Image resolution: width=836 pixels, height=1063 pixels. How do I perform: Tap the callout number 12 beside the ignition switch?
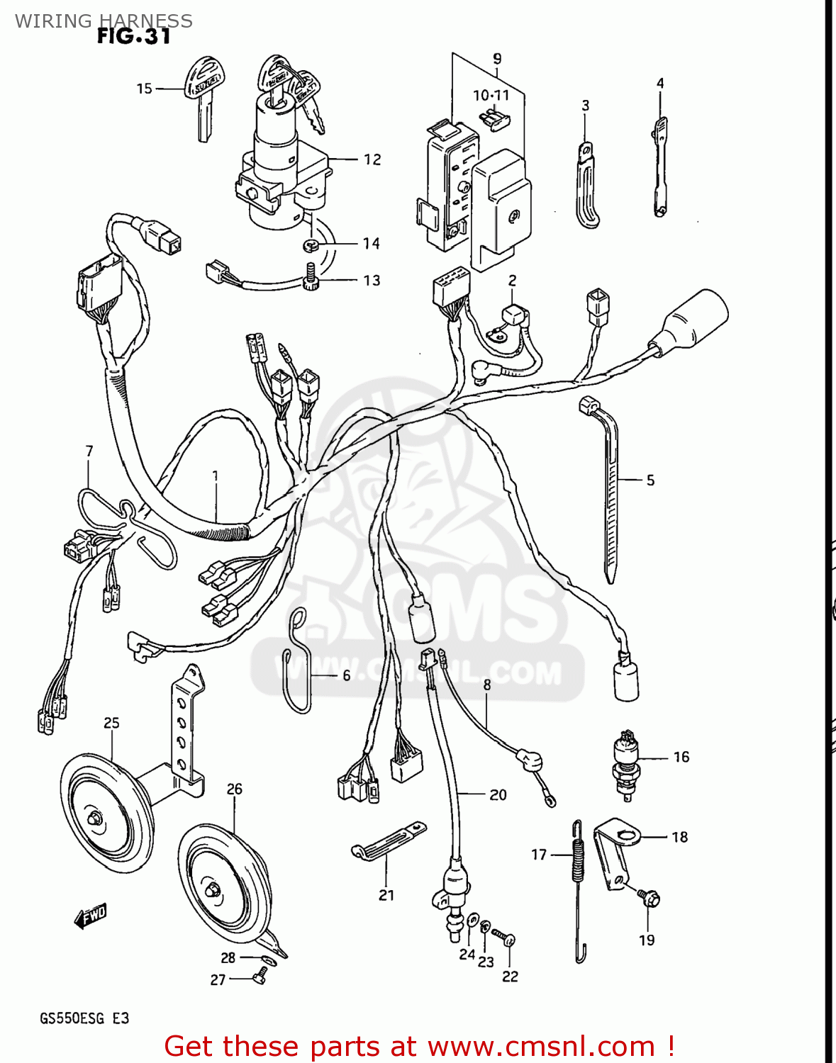point(372,159)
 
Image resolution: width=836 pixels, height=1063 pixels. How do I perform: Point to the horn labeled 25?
point(106,808)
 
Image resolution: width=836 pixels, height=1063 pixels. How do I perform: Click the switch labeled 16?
point(626,762)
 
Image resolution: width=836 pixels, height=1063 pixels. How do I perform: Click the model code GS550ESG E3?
point(84,1018)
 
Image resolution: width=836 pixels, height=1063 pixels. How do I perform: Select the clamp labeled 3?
point(587,188)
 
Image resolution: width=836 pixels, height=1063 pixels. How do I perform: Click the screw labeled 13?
point(309,277)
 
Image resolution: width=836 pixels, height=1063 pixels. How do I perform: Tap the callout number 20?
point(498,795)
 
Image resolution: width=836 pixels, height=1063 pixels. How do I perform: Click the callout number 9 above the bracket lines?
point(497,59)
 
